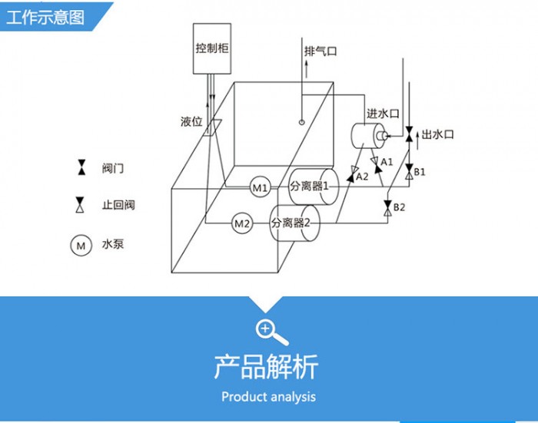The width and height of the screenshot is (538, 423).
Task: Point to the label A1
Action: [x=387, y=161]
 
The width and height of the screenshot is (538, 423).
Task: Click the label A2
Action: [x=362, y=177]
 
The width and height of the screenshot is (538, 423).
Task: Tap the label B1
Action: [x=420, y=172]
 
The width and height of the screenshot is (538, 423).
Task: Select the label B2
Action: [x=399, y=207]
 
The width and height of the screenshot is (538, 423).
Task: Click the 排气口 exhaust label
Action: [x=320, y=51]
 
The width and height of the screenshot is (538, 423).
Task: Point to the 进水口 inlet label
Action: [x=383, y=114]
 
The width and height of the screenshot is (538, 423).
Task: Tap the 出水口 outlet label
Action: [x=437, y=134]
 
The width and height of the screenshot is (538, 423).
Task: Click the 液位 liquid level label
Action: [x=191, y=121]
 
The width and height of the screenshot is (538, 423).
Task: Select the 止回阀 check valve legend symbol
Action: [x=80, y=205]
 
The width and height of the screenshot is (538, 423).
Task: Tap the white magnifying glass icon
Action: [x=272, y=332]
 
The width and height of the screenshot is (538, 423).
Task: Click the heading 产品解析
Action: [x=266, y=367]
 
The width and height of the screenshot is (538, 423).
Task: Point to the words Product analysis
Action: [x=269, y=397]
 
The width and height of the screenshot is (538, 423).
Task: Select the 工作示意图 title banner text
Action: [x=45, y=17]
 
